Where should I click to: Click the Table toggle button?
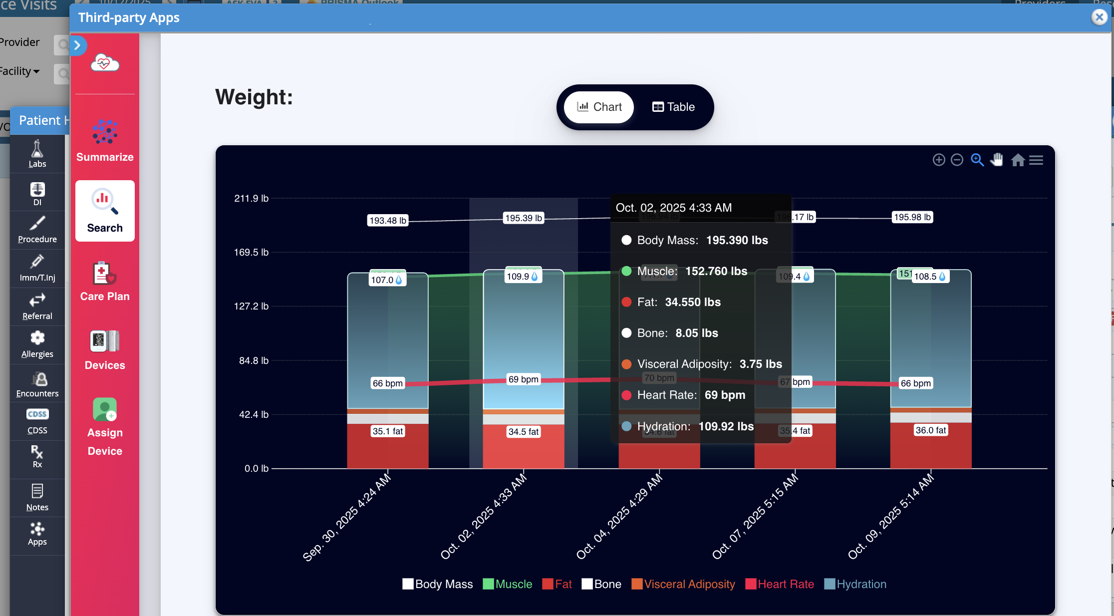pyautogui.click(x=673, y=107)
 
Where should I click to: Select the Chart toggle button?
pyautogui.click(x=599, y=107)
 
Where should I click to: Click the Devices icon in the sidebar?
pyautogui.click(x=105, y=350)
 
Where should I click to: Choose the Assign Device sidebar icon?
pyautogui.click(x=105, y=426)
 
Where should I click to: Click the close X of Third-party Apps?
pyautogui.click(x=1099, y=17)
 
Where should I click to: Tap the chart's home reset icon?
pyautogui.click(x=1018, y=160)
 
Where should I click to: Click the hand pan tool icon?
pyautogui.click(x=997, y=160)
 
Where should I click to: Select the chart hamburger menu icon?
pyautogui.click(x=1036, y=160)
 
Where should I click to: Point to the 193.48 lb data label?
pyautogui.click(x=388, y=221)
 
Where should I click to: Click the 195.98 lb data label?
pyautogui.click(x=912, y=217)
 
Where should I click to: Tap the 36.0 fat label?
pyautogui.click(x=930, y=430)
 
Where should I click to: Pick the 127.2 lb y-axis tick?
pyautogui.click(x=251, y=306)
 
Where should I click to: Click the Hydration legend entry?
pyautogui.click(x=855, y=584)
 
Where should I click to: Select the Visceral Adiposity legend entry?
pyautogui.click(x=683, y=584)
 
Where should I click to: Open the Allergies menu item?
pyautogui.click(x=37, y=344)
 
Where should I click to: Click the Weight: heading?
pyautogui.click(x=254, y=97)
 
